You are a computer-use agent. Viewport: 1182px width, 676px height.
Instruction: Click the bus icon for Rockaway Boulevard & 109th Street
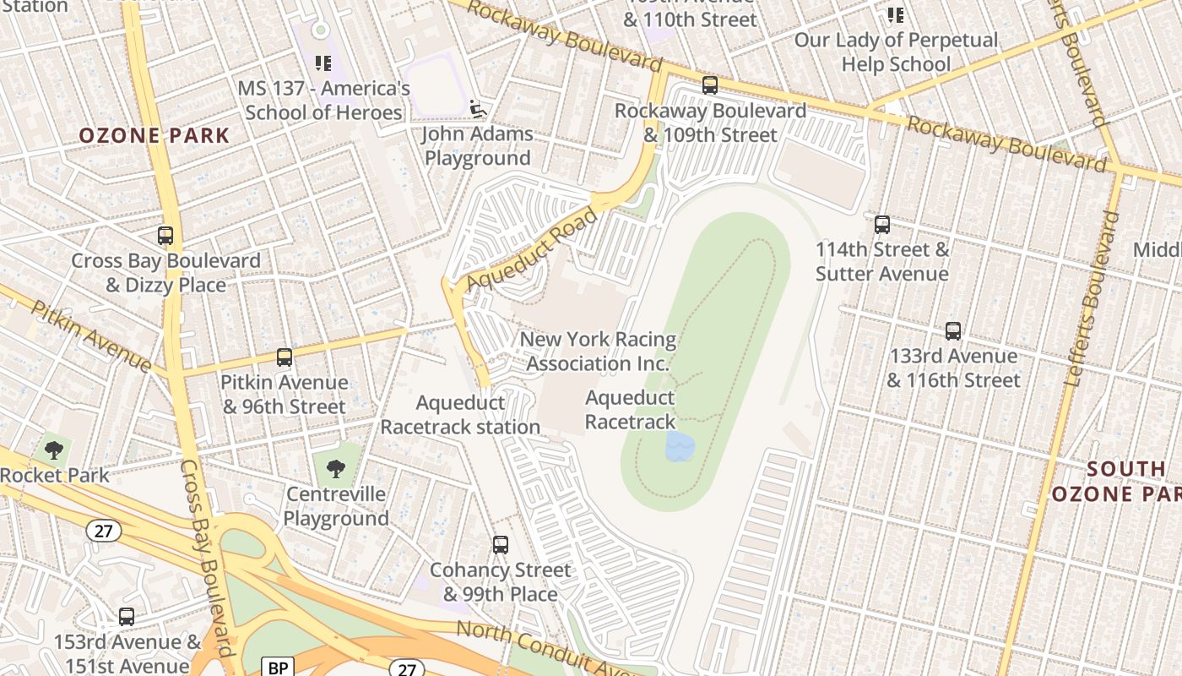coord(710,85)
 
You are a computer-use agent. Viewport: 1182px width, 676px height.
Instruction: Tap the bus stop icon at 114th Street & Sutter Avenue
coord(882,225)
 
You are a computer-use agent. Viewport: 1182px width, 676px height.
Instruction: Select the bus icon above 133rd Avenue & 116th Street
coord(953,331)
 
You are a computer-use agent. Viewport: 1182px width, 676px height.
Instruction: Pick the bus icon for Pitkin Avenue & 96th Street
coord(285,357)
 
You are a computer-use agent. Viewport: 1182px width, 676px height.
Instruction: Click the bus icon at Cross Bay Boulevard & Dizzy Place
coord(165,236)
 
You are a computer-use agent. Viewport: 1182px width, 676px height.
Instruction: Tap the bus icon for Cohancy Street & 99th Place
coord(501,545)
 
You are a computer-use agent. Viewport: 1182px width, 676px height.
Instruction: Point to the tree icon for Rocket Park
coord(54,450)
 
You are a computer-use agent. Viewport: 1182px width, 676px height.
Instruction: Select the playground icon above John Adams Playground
coord(478,108)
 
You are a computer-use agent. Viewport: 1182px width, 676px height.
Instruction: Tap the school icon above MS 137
coord(323,63)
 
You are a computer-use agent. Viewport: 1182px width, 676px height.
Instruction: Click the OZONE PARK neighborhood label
coord(155,135)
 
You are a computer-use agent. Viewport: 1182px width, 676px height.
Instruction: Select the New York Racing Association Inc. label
coord(598,352)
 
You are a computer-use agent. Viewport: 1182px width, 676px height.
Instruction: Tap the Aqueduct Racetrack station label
coord(460,415)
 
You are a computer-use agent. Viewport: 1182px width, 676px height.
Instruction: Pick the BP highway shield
coord(277,668)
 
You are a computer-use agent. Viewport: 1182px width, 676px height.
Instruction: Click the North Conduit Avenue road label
coord(540,651)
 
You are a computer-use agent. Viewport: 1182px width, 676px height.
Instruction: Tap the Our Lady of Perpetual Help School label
coord(896,52)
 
